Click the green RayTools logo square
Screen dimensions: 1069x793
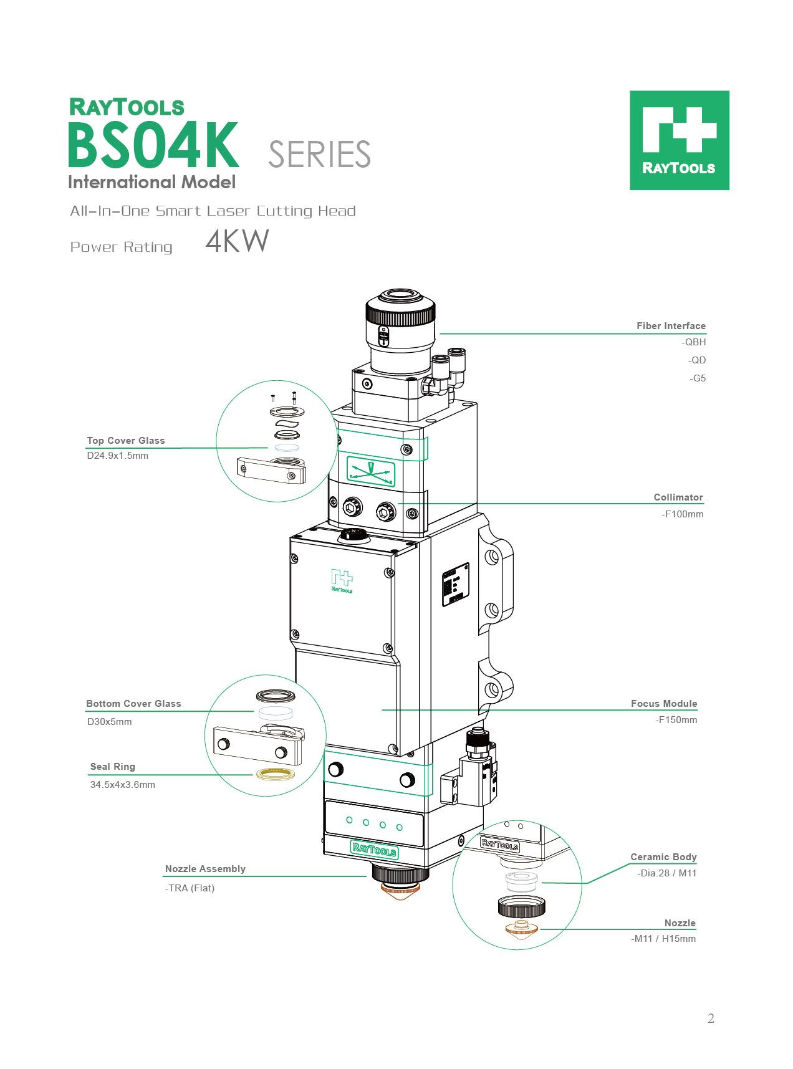click(x=679, y=140)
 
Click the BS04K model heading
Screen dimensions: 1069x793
click(x=153, y=146)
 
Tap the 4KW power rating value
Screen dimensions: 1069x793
click(x=237, y=241)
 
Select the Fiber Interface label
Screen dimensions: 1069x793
click(x=671, y=326)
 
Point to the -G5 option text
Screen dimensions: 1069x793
click(x=698, y=378)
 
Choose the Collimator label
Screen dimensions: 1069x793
click(x=678, y=497)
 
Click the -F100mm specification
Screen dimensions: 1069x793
click(x=682, y=514)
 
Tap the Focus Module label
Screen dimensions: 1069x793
click(x=664, y=704)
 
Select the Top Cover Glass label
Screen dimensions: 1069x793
click(x=126, y=441)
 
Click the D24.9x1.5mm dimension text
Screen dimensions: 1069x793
click(x=118, y=456)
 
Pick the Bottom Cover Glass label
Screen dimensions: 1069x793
click(x=133, y=704)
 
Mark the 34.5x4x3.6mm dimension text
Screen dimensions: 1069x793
click(x=123, y=785)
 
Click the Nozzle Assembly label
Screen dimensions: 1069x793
click(x=205, y=869)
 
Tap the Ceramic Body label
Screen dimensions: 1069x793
click(x=663, y=857)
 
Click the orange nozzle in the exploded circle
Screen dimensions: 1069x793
click(x=521, y=929)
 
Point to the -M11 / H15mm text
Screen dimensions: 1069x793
click(x=663, y=939)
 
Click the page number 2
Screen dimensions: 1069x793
click(x=711, y=1019)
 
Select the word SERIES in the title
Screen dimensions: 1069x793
click(x=319, y=155)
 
